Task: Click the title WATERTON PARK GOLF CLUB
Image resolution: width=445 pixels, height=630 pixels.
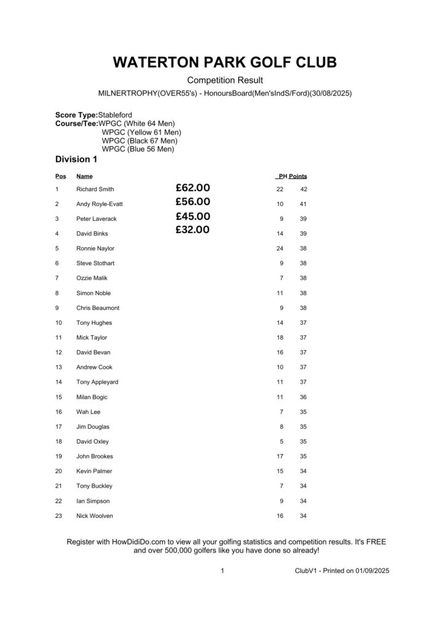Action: coord(225,63)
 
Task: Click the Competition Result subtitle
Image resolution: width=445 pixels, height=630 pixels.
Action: coord(225,81)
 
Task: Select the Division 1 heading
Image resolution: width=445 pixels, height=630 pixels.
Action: coord(76,159)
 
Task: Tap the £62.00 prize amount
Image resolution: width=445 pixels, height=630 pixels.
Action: coord(192,188)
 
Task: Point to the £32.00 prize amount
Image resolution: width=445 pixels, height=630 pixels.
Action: coord(192,230)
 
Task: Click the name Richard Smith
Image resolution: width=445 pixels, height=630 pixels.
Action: coord(95,189)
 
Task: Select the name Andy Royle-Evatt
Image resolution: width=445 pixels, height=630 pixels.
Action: coord(99,204)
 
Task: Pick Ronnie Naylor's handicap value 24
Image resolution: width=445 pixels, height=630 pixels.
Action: coord(280,249)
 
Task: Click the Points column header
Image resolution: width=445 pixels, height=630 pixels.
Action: coord(298,177)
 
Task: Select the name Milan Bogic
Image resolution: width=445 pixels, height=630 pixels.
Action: coord(92,397)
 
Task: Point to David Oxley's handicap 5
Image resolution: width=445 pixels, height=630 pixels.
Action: coord(282,442)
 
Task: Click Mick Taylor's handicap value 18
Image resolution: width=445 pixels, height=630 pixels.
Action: coord(280,338)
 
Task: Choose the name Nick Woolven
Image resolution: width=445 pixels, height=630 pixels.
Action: coord(94,516)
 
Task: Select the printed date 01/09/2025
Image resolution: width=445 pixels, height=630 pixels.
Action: coord(371,571)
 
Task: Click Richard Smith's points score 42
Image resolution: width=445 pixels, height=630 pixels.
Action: coord(303,189)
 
